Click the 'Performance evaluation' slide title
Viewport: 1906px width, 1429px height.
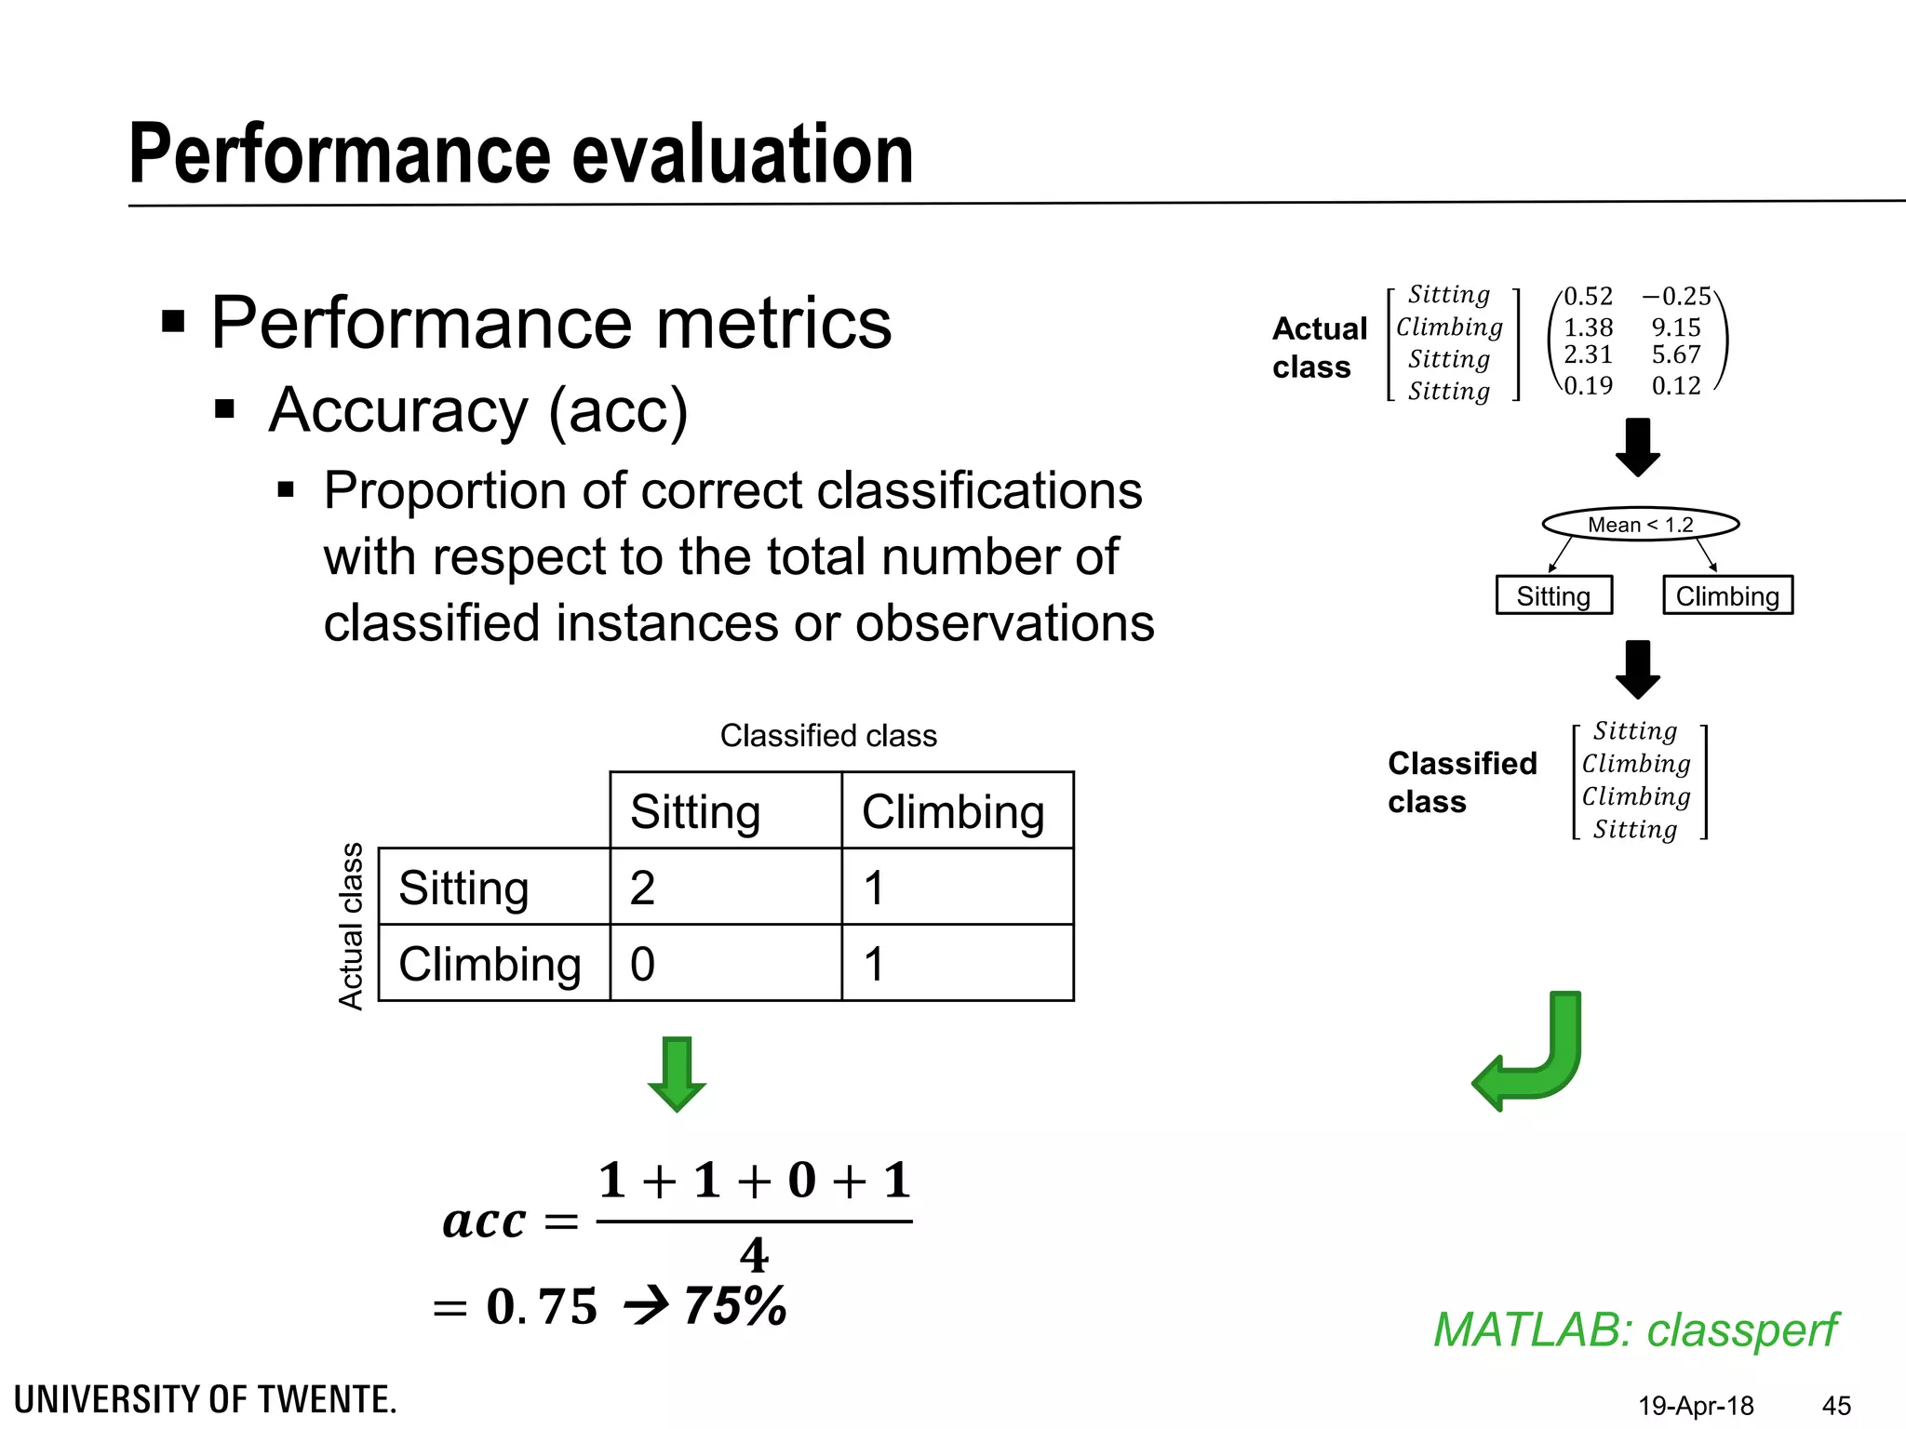[521, 154]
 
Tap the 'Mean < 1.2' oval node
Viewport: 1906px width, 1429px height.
[1640, 525]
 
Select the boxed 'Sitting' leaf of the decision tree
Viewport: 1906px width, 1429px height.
[1553, 595]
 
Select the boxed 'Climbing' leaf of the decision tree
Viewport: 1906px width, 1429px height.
[1727, 595]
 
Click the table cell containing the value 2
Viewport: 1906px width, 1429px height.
[725, 887]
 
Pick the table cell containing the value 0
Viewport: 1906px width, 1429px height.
[725, 963]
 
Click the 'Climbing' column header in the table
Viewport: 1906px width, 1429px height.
[956, 810]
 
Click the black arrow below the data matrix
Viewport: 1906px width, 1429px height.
[1638, 447]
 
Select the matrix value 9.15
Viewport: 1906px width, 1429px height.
[1675, 327]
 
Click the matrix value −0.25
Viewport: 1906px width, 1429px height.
[1676, 296]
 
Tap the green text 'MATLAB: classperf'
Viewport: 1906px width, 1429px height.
[1635, 1329]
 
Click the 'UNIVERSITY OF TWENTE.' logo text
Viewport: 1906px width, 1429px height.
[206, 1399]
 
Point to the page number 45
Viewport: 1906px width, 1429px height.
[1835, 1405]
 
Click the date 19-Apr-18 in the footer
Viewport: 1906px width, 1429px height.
[1696, 1405]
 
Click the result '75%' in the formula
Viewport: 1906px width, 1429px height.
[735, 1305]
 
